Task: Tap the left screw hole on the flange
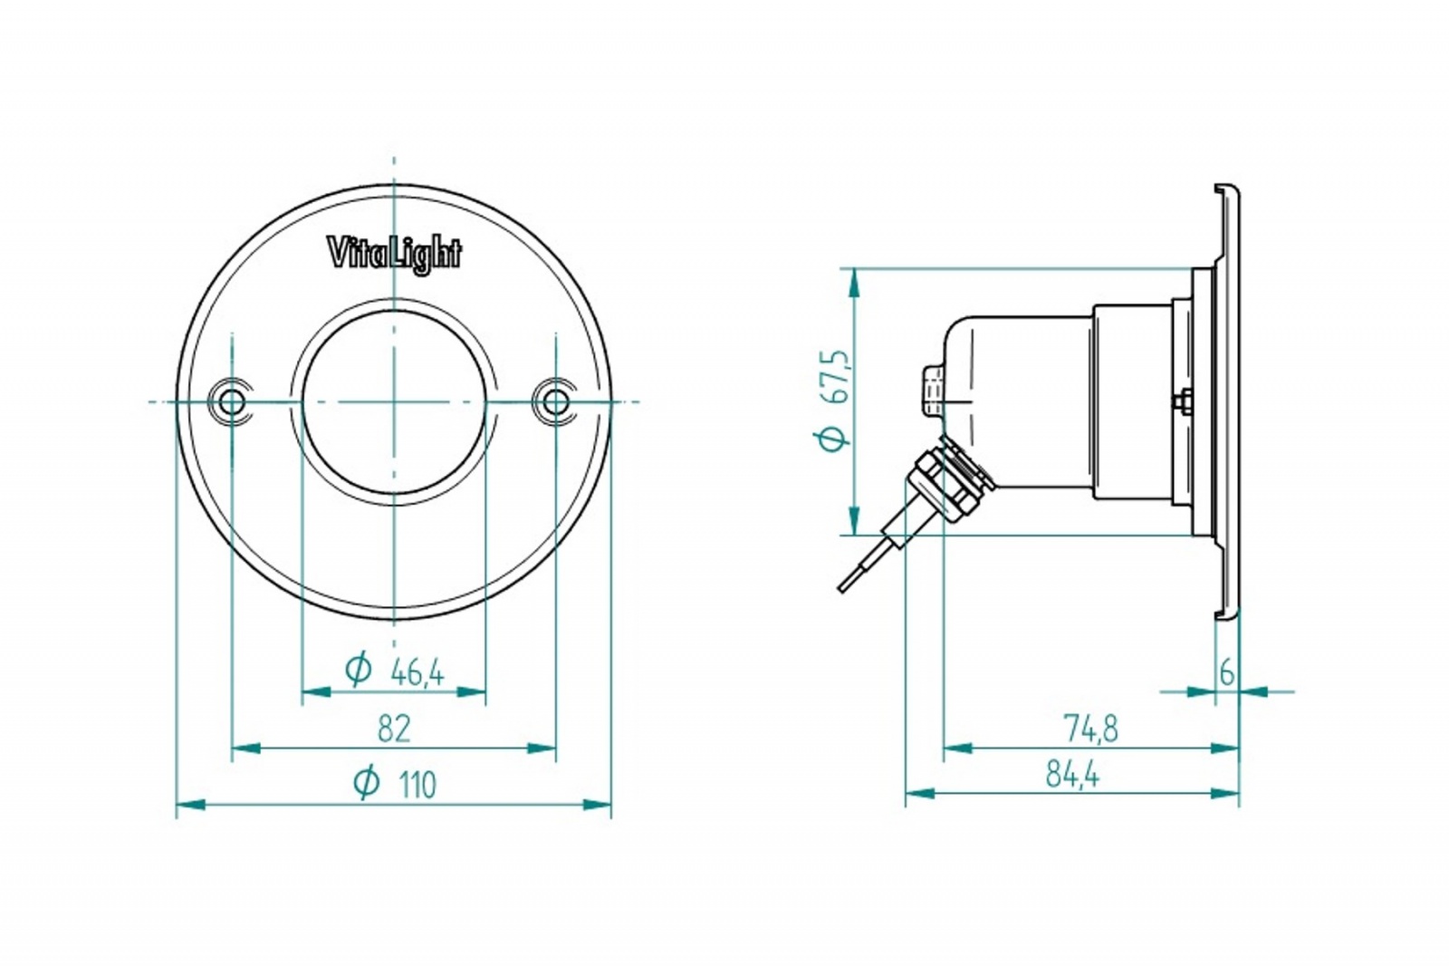coord(232,402)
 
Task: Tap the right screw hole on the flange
coord(555,402)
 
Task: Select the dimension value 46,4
coord(417,673)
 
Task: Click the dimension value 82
coord(394,729)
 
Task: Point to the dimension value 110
coord(417,786)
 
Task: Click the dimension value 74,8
coord(1090,729)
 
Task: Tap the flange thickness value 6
coord(1226,674)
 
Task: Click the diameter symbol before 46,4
coord(359,669)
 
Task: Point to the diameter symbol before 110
coord(367,781)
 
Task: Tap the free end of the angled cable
coord(841,588)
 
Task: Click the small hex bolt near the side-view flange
coord(1183,402)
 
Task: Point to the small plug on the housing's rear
coord(932,391)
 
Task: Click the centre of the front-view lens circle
coord(394,402)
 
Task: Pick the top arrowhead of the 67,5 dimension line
coord(855,283)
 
